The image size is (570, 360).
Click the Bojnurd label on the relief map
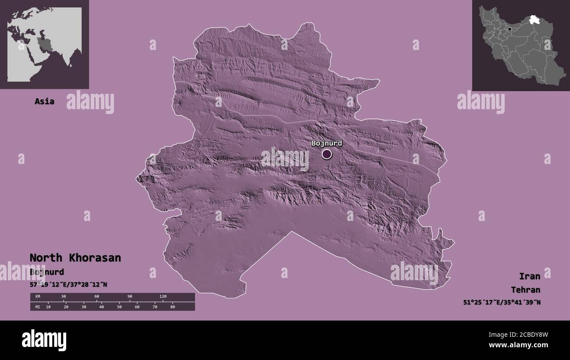coord(327,143)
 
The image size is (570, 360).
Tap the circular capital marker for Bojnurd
coord(327,154)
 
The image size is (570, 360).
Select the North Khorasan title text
coord(75,258)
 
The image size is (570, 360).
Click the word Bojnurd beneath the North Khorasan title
coord(47,272)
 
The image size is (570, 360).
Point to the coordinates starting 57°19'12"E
coord(68,285)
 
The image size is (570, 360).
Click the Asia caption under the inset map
coord(44,101)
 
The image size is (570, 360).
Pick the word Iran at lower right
coord(529,276)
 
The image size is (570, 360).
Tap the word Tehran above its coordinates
coord(525,290)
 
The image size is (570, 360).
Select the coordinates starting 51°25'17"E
coord(502,302)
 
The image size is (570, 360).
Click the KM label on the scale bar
coord(37,297)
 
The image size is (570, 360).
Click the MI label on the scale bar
coord(37,307)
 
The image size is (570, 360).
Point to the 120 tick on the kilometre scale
coord(163,297)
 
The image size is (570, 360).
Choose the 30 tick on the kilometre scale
coord(64,297)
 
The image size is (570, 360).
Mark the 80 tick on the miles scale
coord(172,307)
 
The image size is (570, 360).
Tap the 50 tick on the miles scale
coord(119,307)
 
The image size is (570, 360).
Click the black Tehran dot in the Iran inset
coord(509,29)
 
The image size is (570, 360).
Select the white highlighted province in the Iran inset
coord(534,19)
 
